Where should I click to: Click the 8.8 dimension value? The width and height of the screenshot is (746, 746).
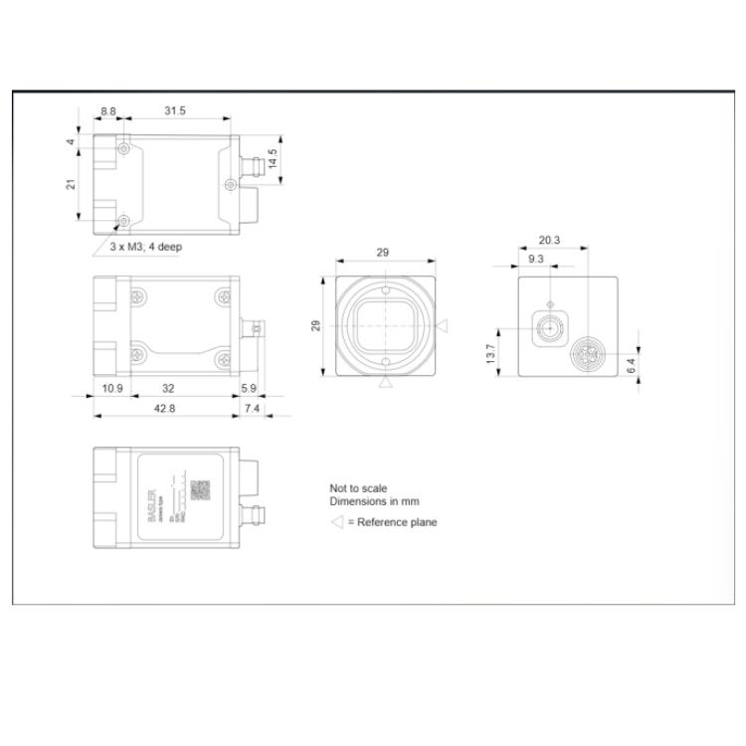pyautogui.click(x=108, y=110)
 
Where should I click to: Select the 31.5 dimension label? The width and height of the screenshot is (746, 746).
pyautogui.click(x=175, y=110)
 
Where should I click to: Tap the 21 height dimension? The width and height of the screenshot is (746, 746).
pyautogui.click(x=71, y=186)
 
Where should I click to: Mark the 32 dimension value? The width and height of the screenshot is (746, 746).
pyautogui.click(x=169, y=388)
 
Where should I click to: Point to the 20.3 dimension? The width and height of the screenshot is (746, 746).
pyautogui.click(x=549, y=240)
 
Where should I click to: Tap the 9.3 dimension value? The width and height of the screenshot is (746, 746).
pyautogui.click(x=535, y=259)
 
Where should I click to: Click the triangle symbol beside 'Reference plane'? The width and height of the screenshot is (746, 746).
pyautogui.click(x=336, y=522)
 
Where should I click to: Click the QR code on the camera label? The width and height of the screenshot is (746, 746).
pyautogui.click(x=200, y=489)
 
